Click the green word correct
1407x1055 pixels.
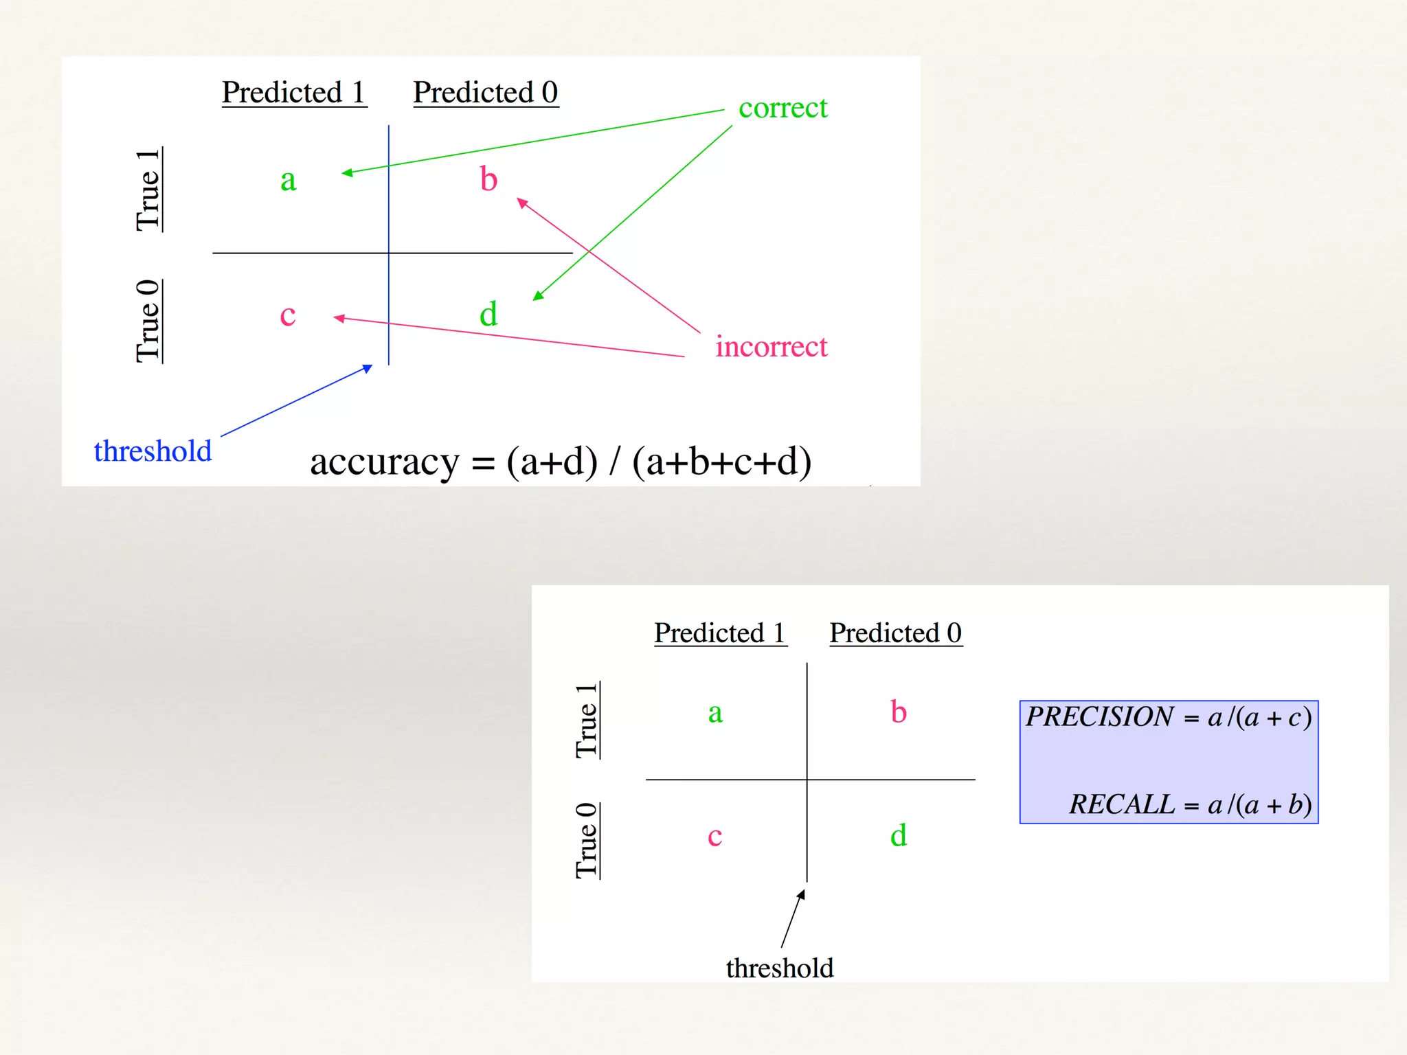coord(783,109)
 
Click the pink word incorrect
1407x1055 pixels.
coord(771,347)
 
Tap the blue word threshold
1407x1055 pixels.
coord(153,451)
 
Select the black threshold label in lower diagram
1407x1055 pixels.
coord(780,968)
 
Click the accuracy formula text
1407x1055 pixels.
coord(560,462)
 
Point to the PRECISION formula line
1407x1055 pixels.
coord(1168,717)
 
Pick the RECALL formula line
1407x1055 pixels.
coord(1190,804)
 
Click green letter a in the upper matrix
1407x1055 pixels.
coord(288,181)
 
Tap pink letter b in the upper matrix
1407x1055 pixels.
coord(488,179)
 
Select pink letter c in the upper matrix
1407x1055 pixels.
coord(287,315)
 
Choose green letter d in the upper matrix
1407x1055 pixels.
coord(488,314)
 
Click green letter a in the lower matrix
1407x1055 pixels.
coord(715,713)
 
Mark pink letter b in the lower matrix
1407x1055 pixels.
coord(898,712)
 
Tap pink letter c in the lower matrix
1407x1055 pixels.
coord(714,837)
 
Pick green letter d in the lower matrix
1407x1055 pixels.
coord(898,835)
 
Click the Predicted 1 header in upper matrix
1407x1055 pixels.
coord(293,93)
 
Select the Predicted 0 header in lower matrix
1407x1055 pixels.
coord(895,633)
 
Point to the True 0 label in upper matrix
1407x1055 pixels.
coord(148,321)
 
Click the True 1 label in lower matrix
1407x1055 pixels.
coord(587,721)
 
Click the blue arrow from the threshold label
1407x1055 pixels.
coord(296,401)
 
